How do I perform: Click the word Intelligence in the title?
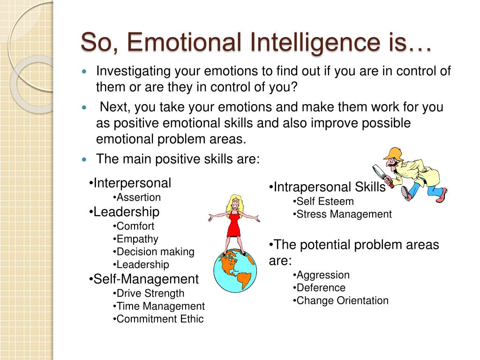click(315, 43)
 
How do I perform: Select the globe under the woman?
click(235, 270)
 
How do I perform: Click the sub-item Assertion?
click(137, 197)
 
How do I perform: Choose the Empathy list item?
click(135, 239)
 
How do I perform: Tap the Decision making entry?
click(154, 252)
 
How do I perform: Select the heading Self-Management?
click(144, 279)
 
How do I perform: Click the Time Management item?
click(159, 306)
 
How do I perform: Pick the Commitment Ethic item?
click(158, 319)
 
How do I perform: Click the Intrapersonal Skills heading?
click(327, 187)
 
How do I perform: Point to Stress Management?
click(342, 214)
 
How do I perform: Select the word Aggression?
click(321, 275)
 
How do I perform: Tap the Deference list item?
click(319, 288)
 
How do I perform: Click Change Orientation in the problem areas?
click(340, 300)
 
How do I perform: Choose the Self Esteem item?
click(323, 202)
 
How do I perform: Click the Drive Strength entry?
click(149, 293)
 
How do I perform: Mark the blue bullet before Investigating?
click(84, 72)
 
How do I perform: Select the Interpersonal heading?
click(130, 183)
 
